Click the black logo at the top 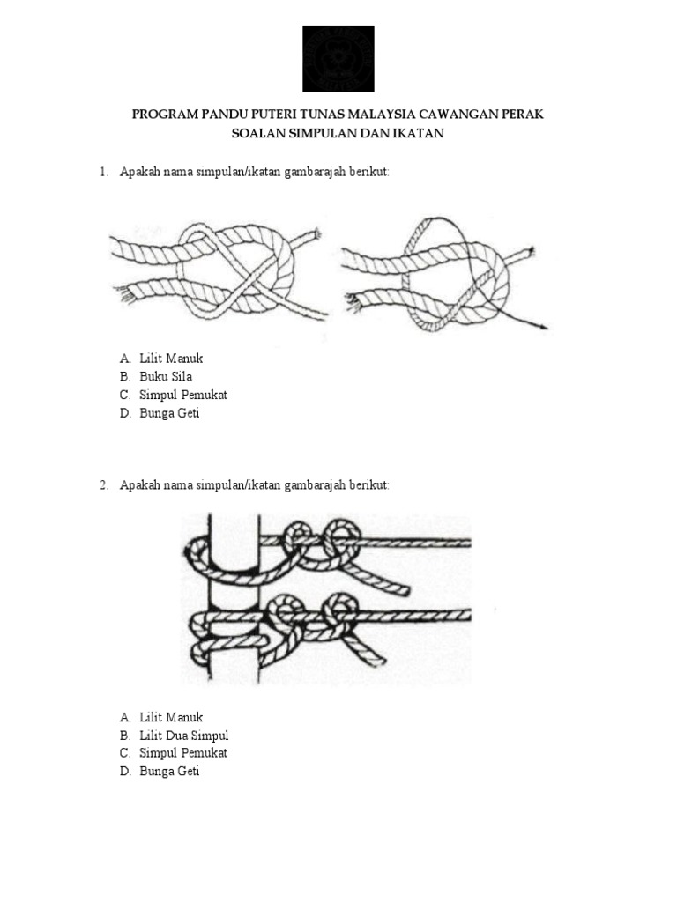point(338,58)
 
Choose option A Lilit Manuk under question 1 point(171,359)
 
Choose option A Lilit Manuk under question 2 point(171,717)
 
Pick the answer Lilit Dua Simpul point(184,736)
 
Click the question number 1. point(103,172)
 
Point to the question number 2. point(103,485)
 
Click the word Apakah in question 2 point(139,485)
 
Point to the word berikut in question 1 point(369,172)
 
